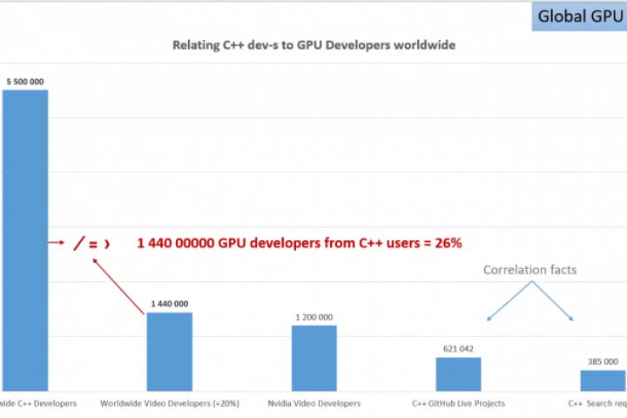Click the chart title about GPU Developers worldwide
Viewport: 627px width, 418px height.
point(313,44)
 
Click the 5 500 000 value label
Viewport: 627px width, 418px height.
point(24,82)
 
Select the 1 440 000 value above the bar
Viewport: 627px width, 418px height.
point(169,304)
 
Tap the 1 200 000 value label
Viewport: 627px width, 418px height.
point(313,317)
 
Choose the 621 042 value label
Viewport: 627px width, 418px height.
point(458,348)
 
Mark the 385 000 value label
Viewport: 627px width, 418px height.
point(603,361)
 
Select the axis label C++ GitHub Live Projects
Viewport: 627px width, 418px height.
point(458,403)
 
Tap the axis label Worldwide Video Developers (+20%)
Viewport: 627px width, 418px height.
point(170,403)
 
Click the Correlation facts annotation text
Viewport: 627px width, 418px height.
point(529,270)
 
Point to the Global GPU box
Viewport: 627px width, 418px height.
point(579,16)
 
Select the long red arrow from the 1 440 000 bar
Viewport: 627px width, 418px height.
point(118,283)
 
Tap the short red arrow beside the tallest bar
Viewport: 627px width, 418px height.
point(57,243)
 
